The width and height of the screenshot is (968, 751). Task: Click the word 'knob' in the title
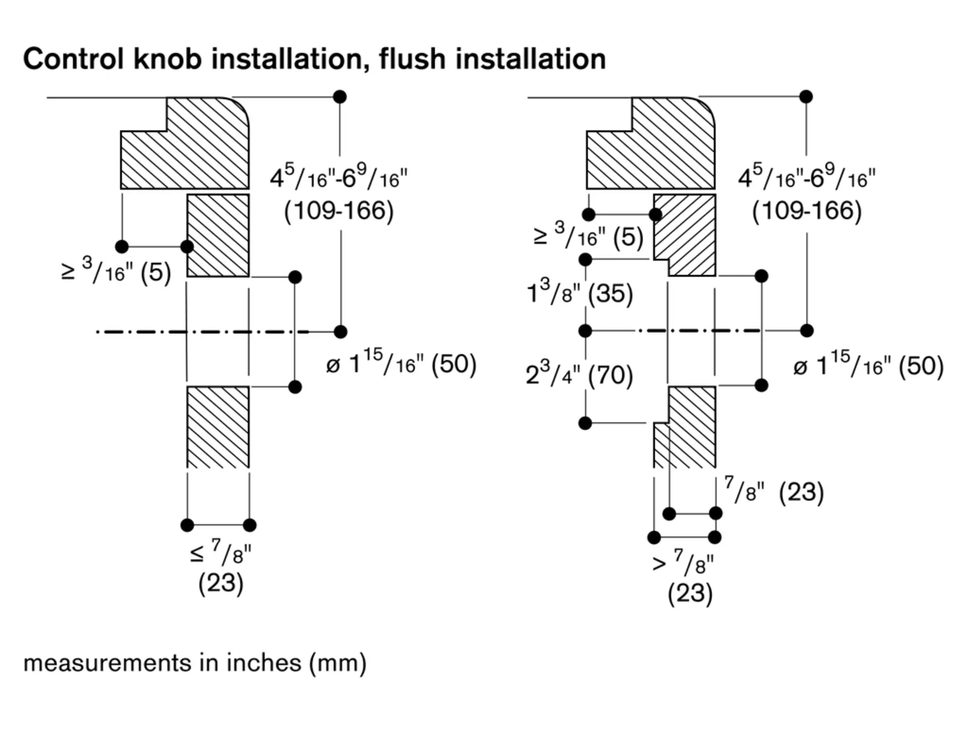pyautogui.click(x=167, y=59)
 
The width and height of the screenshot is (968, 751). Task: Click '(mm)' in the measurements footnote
pyautogui.click(x=338, y=663)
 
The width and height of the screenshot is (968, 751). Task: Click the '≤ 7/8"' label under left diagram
pyautogui.click(x=221, y=553)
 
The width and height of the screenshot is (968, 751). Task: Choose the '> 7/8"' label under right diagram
pyautogui.click(x=683, y=562)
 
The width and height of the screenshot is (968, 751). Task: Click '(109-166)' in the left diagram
pyautogui.click(x=339, y=211)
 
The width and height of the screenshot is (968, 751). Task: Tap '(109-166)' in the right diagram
pyautogui.click(x=807, y=211)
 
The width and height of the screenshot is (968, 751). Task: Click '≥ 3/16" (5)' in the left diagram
pyautogui.click(x=116, y=272)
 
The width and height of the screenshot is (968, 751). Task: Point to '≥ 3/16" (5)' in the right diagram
pyautogui.click(x=588, y=236)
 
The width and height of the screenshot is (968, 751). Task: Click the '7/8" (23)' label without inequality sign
pyautogui.click(x=773, y=491)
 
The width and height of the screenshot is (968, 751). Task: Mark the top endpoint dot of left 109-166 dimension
pyautogui.click(x=340, y=97)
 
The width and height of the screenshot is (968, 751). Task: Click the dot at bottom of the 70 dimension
pyautogui.click(x=585, y=423)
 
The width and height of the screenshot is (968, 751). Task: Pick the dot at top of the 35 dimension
pyautogui.click(x=585, y=260)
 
